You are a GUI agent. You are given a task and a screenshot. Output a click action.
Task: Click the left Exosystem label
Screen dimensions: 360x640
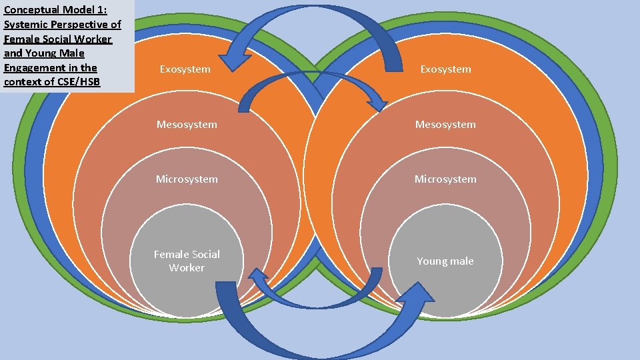point(185,69)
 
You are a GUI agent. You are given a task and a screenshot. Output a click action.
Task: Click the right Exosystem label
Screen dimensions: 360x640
point(445,69)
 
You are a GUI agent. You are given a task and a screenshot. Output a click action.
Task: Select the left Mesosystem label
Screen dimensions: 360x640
point(187,125)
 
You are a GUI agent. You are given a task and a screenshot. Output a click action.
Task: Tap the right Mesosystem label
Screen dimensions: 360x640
point(445,125)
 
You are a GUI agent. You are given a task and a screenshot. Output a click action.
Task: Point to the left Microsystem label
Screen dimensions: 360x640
point(187,179)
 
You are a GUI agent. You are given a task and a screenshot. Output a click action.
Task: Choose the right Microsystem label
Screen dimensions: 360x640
point(445,179)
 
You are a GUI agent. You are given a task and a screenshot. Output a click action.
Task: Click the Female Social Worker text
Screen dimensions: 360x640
point(187,261)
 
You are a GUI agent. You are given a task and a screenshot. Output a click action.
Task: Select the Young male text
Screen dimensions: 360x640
point(445,261)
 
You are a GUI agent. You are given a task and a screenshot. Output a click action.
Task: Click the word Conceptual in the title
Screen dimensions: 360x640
point(32,9)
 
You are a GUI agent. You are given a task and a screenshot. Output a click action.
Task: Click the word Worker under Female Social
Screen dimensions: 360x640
point(187,268)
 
